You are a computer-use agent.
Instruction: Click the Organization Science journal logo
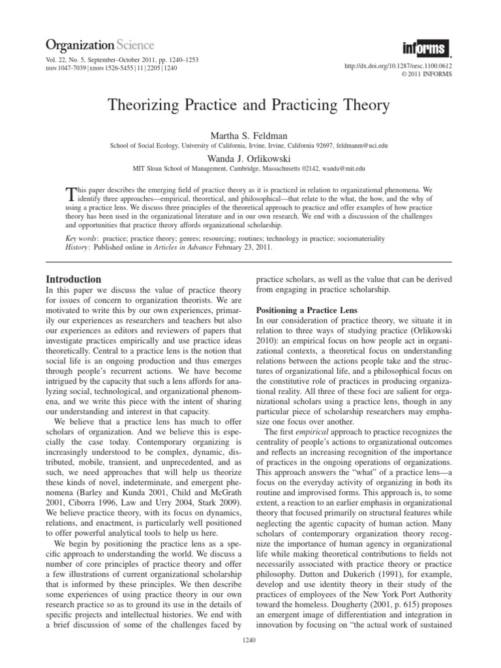[99, 45]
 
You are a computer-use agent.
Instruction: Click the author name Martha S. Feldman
[250, 134]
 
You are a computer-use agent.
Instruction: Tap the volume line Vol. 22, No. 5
[72, 60]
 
